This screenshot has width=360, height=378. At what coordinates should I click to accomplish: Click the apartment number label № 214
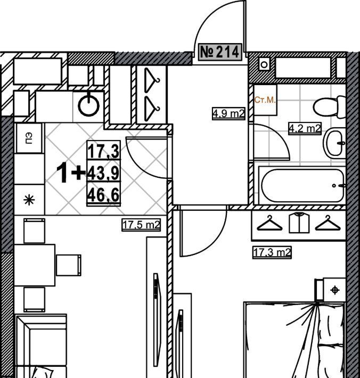coord(220,52)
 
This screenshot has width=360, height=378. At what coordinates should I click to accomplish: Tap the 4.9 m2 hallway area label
coord(229,113)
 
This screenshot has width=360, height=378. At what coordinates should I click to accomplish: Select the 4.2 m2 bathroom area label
coord(305,128)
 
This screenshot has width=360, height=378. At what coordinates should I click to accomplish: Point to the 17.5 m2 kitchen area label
coord(141,225)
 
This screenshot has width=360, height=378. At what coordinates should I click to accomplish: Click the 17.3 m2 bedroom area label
coord(272,253)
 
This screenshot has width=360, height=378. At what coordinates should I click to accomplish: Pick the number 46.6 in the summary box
coord(103,195)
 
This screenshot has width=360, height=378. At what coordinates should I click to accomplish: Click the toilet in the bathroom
coord(329,107)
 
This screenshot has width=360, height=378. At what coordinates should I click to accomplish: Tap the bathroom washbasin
coord(334,143)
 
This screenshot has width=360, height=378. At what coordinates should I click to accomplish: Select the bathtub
coord(303,185)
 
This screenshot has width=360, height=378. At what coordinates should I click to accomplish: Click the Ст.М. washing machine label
coord(265,100)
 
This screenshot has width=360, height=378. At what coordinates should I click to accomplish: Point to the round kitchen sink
coord(89,105)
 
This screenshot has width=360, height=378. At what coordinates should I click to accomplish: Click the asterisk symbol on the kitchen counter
coord(29,200)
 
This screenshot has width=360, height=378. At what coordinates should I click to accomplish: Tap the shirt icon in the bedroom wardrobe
coord(299,222)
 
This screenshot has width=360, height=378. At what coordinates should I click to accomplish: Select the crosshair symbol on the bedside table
coord(335,290)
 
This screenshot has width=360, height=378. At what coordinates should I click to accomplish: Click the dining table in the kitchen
coord(35,265)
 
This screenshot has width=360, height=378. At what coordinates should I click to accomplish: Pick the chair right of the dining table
coord(69,265)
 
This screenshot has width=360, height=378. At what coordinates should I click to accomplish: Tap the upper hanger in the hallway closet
coord(152,80)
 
